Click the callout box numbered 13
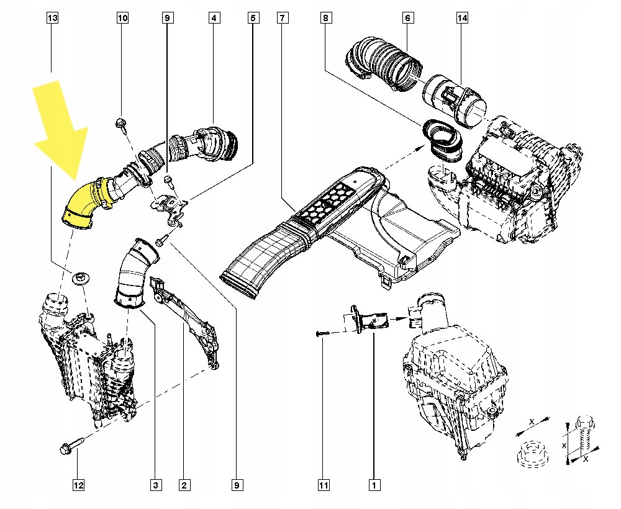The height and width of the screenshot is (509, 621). coord(53,19)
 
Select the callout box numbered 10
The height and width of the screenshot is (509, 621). coord(122,19)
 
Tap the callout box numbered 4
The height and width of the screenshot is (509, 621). coord(213,19)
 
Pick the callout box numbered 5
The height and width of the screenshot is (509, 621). coord(252,19)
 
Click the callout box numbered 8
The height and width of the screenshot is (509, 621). coord(325,19)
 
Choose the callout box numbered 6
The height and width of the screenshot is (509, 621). coord(407,19)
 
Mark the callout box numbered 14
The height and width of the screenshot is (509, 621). coord(462,19)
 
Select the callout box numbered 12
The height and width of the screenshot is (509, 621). coord(78,485)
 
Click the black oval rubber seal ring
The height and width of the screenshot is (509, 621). coord(442,138)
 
